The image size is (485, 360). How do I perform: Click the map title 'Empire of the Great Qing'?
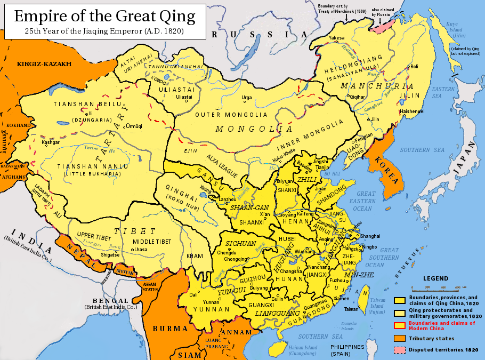click(x=104, y=15)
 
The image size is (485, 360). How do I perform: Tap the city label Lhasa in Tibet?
click(x=140, y=250)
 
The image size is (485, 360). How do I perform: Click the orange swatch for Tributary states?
click(x=400, y=338)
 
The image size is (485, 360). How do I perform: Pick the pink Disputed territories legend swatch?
click(x=400, y=350)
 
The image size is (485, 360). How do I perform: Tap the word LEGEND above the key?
click(x=435, y=278)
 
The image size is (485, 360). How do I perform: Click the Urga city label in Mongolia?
click(x=247, y=98)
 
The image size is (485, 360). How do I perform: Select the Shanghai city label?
click(x=370, y=236)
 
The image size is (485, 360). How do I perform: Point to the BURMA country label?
click(x=169, y=329)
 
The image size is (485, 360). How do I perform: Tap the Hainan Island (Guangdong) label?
click(x=302, y=350)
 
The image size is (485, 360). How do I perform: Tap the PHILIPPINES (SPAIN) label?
click(x=349, y=350)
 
